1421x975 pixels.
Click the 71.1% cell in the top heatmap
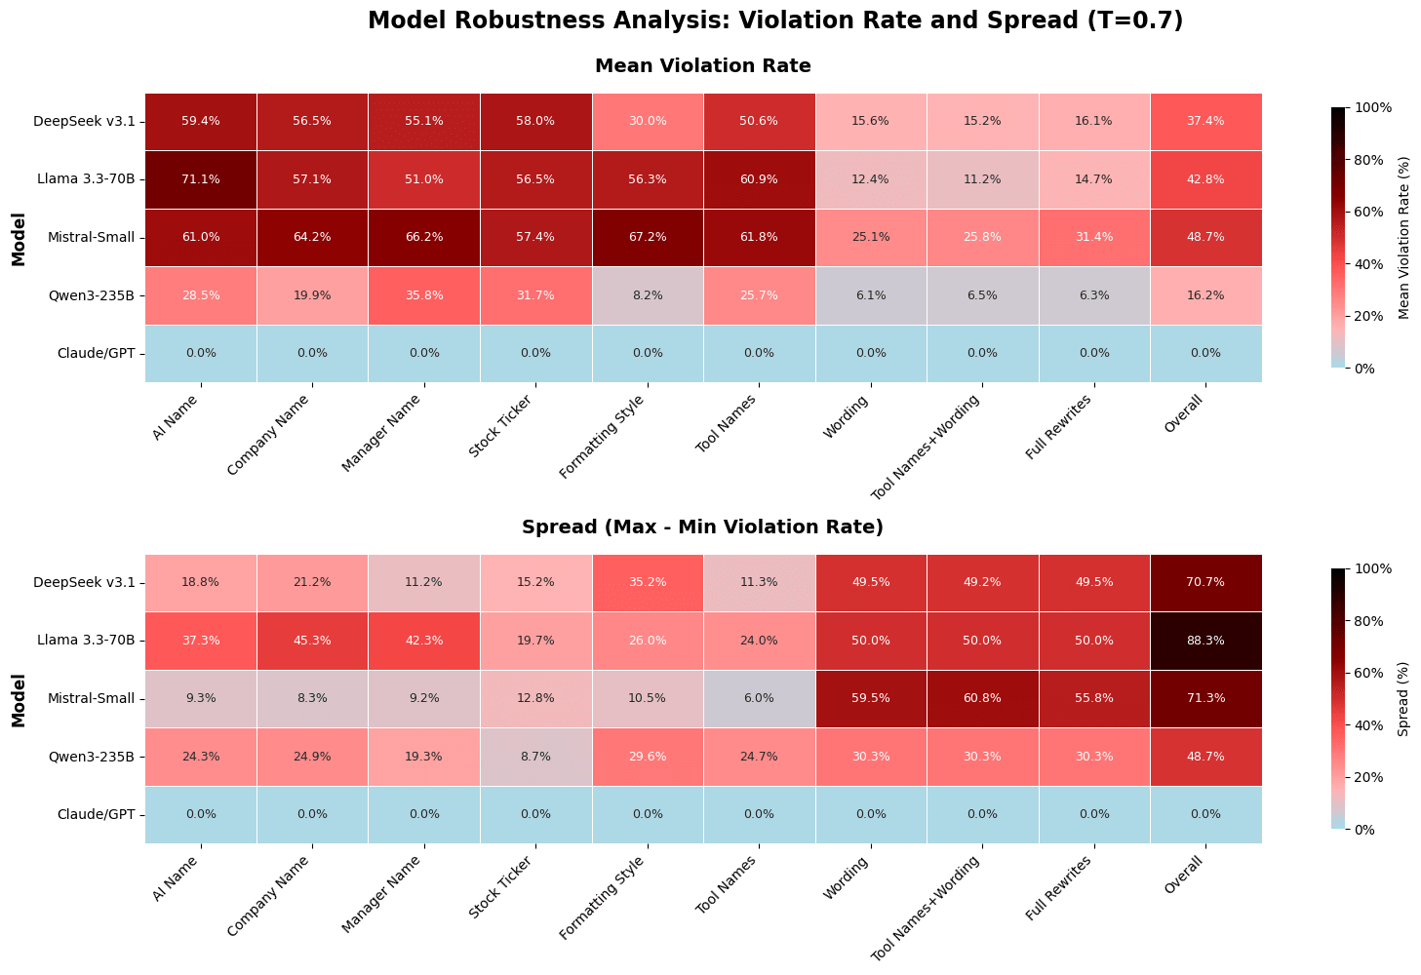[201, 179]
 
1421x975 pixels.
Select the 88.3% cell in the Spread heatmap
[1205, 641]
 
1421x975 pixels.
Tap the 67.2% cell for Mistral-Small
[648, 237]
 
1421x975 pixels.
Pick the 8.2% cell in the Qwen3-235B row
[648, 295]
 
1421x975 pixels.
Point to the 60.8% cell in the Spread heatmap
[982, 698]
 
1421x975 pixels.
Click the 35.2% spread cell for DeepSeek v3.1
[648, 582]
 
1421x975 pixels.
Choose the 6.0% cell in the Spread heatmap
[759, 698]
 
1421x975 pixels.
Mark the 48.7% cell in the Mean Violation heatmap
[1205, 237]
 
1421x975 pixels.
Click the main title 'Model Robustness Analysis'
[774, 20]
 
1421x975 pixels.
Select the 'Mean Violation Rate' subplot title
[702, 66]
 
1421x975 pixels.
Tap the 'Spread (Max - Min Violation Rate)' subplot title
[702, 527]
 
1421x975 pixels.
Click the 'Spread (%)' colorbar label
[1403, 698]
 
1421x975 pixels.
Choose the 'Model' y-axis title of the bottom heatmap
[19, 698]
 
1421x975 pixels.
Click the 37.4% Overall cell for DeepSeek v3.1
[1205, 121]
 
